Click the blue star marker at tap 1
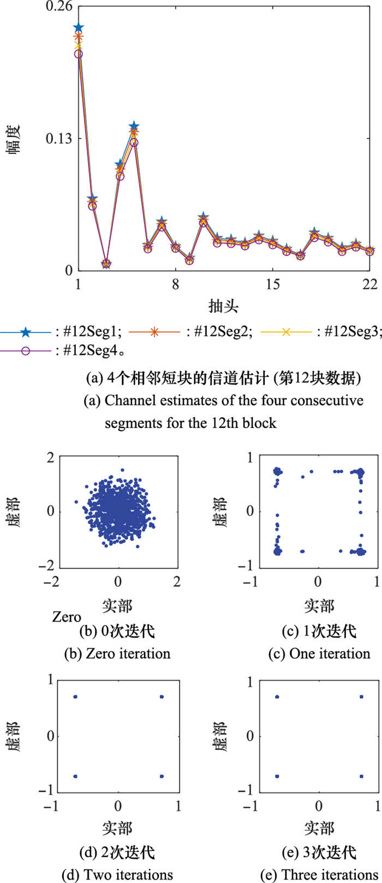79,28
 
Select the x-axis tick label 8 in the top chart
176,284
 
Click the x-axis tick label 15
273,284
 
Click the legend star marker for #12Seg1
25,331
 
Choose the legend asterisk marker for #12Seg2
154,331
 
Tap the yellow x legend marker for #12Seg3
285,331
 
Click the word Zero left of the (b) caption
67,617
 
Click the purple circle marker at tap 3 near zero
106,264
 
